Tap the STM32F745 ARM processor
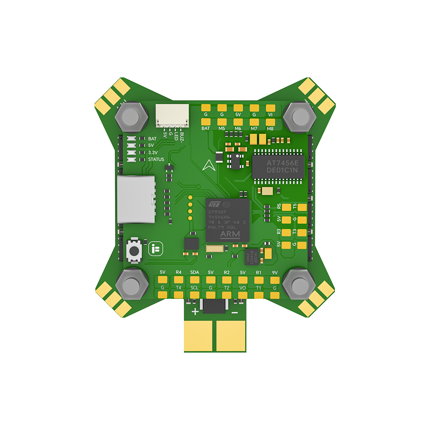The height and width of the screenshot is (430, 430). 227,220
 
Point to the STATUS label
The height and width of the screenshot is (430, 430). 156,160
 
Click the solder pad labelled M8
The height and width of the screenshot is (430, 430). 270,122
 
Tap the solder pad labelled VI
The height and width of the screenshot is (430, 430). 270,108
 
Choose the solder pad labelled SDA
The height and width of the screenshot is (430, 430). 194,279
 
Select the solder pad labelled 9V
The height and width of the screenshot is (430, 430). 275,279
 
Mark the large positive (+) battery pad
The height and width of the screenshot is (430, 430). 199,337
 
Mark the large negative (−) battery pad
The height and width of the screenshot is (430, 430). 230,337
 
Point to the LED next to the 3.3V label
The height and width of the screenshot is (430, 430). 132,153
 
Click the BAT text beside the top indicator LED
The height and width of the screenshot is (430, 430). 152,139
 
